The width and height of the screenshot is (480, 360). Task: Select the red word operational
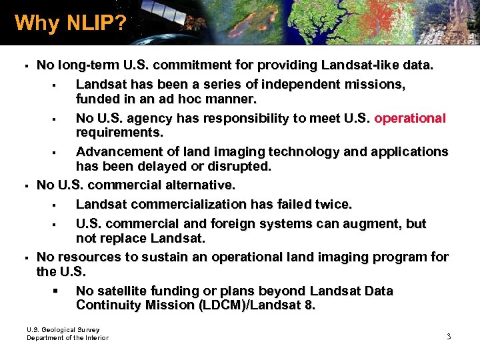[x=410, y=118]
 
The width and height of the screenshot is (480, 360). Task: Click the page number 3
[x=449, y=337]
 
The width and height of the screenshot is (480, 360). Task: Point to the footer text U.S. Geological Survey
[x=63, y=329]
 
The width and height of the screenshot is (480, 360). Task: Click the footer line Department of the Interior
[x=67, y=338]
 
